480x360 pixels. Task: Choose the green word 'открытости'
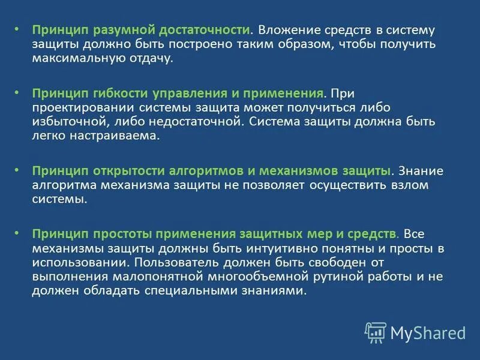click(118, 170)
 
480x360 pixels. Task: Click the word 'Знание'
click(421, 170)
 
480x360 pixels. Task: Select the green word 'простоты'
click(115, 233)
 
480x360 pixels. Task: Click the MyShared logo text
click(428, 332)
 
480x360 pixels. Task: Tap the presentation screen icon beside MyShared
click(376, 332)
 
